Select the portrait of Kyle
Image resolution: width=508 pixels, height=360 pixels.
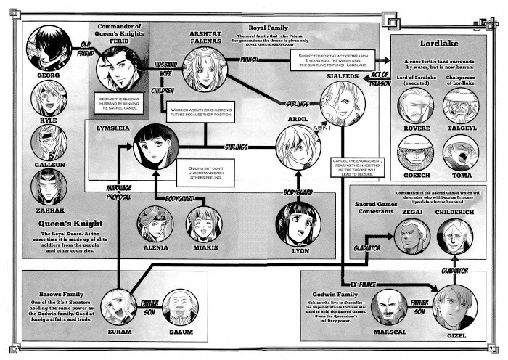(x=48, y=98)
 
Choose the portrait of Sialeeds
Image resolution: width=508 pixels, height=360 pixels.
(x=342, y=102)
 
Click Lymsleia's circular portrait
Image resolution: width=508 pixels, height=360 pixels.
(x=155, y=146)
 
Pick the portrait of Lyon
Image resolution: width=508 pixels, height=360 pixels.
(x=298, y=223)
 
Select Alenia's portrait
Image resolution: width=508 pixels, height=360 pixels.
(x=155, y=224)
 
